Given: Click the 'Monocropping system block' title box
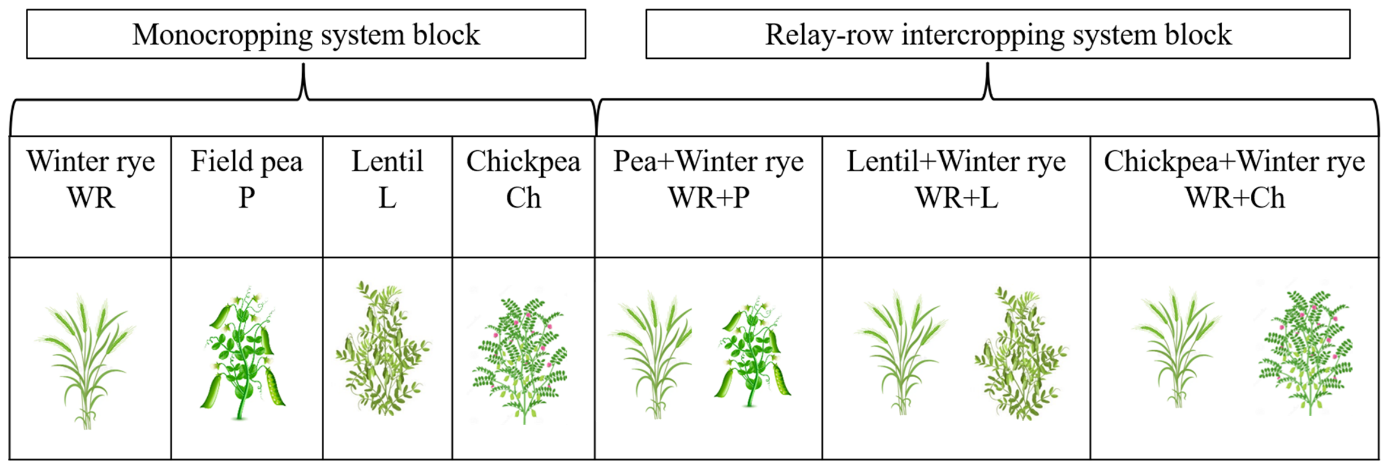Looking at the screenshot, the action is (x=306, y=34).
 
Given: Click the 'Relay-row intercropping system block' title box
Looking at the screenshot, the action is (x=998, y=34).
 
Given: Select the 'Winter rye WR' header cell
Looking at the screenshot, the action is (x=90, y=197).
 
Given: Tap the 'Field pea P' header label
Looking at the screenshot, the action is (x=247, y=179).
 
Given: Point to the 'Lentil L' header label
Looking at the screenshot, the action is (x=387, y=179).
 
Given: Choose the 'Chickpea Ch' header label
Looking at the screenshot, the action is (x=523, y=179).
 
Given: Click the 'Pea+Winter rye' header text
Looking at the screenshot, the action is (x=709, y=161).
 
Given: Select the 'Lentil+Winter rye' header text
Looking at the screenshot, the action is (x=956, y=161).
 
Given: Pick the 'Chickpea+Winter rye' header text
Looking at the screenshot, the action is (x=1234, y=161).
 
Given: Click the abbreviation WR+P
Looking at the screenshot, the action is (x=709, y=197).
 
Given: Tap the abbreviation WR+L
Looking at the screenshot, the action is (x=956, y=197).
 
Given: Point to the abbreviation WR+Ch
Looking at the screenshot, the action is (x=1235, y=197).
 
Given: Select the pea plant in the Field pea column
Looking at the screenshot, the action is (x=242, y=353).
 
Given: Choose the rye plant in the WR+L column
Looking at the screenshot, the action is (x=901, y=353).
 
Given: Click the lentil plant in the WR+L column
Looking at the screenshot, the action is (x=1020, y=353).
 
